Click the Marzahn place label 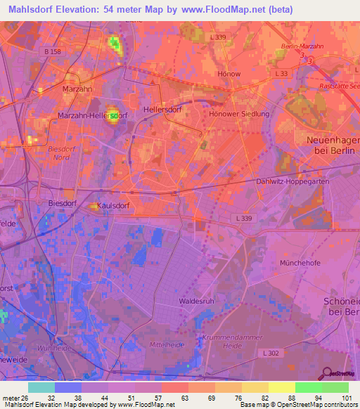pyautogui.click(x=77, y=89)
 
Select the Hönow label pyautogui.click(x=229, y=74)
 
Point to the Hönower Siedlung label pyautogui.click(x=239, y=114)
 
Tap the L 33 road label pyautogui.click(x=283, y=73)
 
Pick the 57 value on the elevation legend pyautogui.click(x=148, y=397)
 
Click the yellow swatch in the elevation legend pyautogui.click(x=281, y=387)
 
